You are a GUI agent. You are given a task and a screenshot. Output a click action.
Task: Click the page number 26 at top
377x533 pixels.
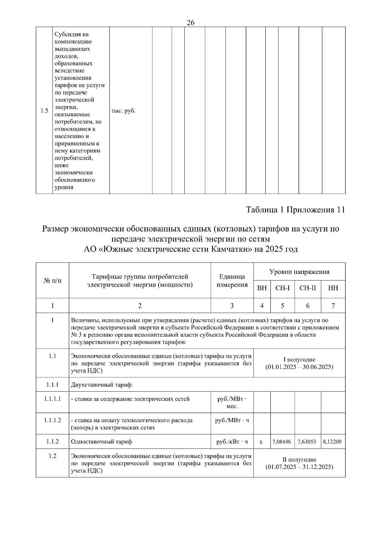[x=190, y=23]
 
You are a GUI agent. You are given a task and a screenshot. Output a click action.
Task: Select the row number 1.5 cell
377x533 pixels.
[x=44, y=111]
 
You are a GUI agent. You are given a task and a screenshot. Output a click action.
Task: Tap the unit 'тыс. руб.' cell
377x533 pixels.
[x=123, y=111]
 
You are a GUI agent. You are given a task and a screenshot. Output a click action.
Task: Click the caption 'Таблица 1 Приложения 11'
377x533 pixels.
[x=295, y=210]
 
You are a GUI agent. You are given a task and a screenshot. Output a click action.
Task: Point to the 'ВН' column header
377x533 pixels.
[x=262, y=288]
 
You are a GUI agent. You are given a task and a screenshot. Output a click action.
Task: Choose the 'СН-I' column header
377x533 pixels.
[x=282, y=288]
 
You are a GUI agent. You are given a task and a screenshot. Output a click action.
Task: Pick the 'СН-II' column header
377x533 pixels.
[x=308, y=288]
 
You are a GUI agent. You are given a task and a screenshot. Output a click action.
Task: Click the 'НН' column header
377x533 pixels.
[x=333, y=288]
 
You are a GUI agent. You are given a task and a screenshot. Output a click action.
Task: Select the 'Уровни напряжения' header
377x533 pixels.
[x=299, y=272]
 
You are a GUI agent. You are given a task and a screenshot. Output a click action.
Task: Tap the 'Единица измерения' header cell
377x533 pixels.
[x=232, y=280]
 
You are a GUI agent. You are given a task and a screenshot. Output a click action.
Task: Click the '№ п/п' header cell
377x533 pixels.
[x=52, y=280]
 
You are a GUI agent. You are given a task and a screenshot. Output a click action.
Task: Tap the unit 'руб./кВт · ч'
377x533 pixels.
[x=232, y=442]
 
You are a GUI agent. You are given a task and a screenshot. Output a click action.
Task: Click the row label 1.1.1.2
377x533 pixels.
[x=52, y=420]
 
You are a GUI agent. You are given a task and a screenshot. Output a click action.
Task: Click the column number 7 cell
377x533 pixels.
[x=333, y=306]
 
